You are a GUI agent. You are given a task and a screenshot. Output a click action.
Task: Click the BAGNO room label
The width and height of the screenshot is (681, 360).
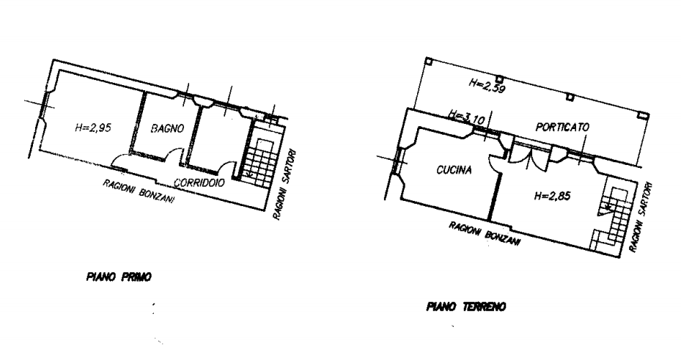tap(167, 128)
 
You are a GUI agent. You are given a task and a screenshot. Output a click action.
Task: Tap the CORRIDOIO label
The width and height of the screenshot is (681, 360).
tap(199, 183)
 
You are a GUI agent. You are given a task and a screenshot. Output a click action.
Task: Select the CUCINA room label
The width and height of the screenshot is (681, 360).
tap(454, 170)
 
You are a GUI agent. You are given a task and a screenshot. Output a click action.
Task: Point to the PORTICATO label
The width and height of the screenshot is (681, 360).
tap(562, 128)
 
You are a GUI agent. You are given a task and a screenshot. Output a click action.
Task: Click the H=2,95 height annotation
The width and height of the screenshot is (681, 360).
tap(93, 128)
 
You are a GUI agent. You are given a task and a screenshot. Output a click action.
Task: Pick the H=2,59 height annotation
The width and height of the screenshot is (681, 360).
tap(487, 86)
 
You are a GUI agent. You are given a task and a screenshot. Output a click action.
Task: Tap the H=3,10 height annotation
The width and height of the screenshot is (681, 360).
tap(466, 118)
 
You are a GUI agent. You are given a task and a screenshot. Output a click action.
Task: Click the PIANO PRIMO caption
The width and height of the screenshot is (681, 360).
tap(119, 276)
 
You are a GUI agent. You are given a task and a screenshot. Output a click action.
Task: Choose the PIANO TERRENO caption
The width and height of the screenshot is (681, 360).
tap(466, 307)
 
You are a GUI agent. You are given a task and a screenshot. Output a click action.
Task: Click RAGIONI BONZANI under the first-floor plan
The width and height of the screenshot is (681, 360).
tap(139, 191)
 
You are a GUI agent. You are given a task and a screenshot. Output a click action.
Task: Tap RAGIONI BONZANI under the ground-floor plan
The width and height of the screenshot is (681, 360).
tap(485, 234)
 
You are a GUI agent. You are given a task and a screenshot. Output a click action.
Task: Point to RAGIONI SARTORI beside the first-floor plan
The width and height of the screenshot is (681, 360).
tap(285, 185)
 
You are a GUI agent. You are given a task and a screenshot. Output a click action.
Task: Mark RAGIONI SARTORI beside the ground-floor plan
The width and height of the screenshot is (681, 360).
tap(641, 217)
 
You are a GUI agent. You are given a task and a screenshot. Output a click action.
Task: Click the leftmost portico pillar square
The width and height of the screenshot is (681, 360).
tap(429, 62)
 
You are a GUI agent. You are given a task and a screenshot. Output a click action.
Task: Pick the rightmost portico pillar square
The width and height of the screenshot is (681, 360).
tap(643, 114)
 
